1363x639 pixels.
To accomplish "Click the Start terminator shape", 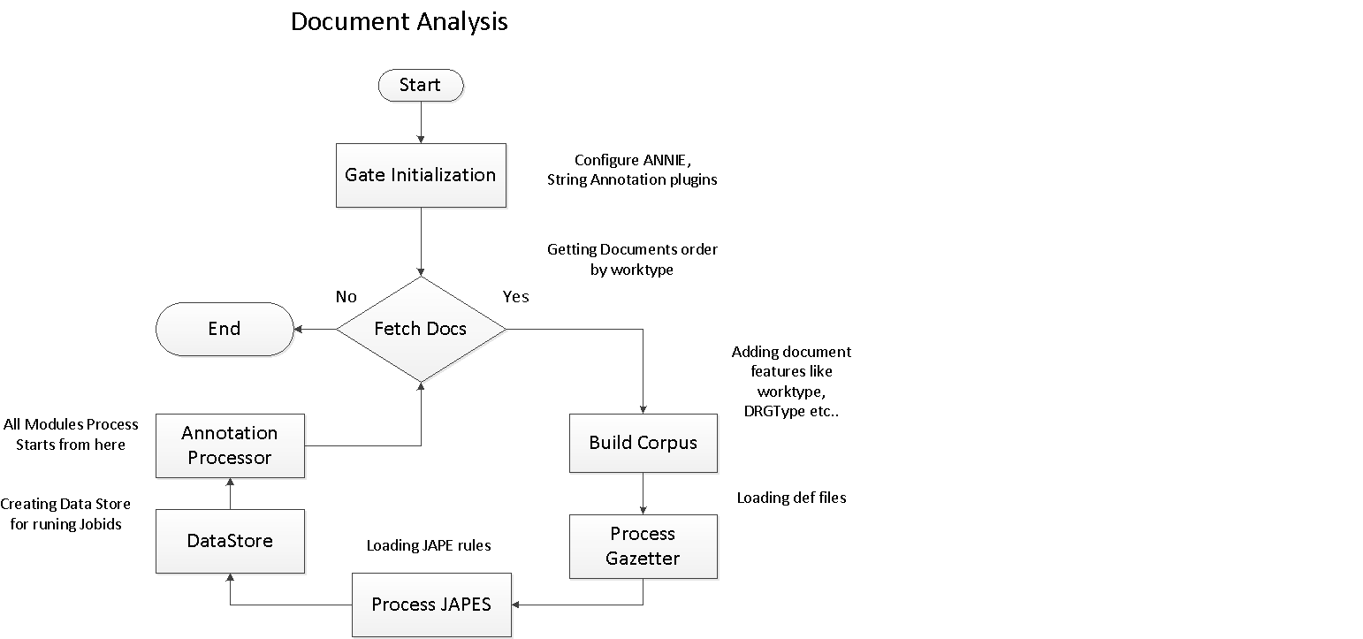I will [420, 85].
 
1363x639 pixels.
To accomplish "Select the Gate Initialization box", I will [420, 175].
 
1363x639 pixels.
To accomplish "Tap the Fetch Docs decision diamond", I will [420, 329].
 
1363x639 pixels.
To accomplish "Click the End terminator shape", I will [225, 329].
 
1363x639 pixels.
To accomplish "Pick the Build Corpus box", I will [643, 443].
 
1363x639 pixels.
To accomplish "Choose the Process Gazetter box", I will [643, 546].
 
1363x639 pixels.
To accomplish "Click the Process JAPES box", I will [431, 605].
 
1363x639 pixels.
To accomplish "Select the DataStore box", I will [230, 541].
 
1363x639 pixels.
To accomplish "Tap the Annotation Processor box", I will [230, 445].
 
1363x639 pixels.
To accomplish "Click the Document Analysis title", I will [399, 21].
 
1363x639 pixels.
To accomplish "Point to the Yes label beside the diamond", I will [515, 297].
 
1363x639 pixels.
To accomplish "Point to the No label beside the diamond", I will [346, 297].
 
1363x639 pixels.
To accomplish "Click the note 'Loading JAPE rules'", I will [429, 545].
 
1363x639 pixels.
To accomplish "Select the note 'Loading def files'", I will [791, 498].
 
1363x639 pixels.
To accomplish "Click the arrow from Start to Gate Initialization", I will [420, 122].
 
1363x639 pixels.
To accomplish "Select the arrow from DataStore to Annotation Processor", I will [230, 493].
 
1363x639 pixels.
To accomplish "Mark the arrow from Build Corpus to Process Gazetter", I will [643, 493].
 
